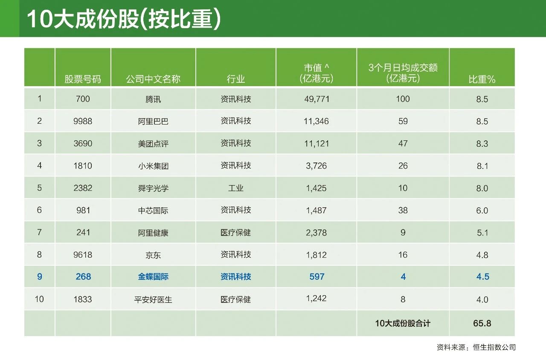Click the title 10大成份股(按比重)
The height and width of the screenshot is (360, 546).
[x=124, y=19]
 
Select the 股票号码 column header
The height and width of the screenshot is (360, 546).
[x=83, y=79]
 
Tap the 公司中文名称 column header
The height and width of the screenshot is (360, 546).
[x=153, y=79]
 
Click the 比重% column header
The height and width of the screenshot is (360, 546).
[x=482, y=79]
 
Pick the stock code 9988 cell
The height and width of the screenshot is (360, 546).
[x=83, y=121]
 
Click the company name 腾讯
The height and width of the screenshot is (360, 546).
[x=153, y=99]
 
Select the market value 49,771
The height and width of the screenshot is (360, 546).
[x=316, y=99]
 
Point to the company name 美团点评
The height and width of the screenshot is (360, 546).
[x=153, y=144]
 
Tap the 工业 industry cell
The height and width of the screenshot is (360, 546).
[x=235, y=188]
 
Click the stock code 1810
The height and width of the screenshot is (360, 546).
[x=83, y=166]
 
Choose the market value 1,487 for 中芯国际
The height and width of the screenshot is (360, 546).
[x=316, y=210]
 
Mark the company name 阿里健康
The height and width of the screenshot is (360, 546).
[x=153, y=233]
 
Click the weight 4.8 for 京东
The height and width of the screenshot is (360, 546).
[x=482, y=255]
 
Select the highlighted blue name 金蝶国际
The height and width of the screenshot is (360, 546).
[x=153, y=277]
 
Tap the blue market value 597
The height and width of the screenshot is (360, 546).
[x=317, y=277]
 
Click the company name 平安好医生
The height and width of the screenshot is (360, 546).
[x=153, y=299]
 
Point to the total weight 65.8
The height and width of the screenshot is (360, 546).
[x=482, y=323]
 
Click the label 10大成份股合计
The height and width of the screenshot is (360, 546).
[x=403, y=323]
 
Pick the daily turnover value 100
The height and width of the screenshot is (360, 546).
[x=403, y=99]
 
